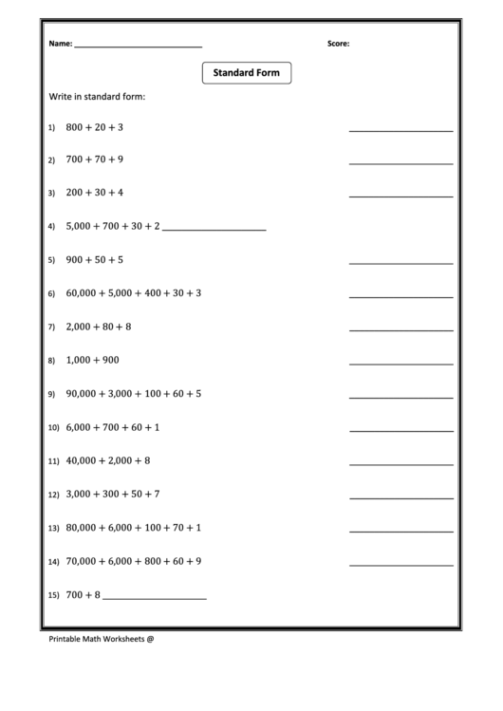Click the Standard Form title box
pos(247,73)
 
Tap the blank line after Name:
pos(138,47)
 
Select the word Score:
pos(338,44)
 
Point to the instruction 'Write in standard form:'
pos(97,97)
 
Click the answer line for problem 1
pos(401,130)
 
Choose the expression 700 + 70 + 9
pos(95,159)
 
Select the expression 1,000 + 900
pos(92,360)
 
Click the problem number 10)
pos(53,428)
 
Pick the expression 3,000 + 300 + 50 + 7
pos(113,494)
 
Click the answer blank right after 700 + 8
pos(154,598)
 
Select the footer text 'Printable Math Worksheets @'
pos(101,639)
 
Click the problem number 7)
pos(51,327)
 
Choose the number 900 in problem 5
pos(75,259)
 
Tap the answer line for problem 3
pos(401,196)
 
